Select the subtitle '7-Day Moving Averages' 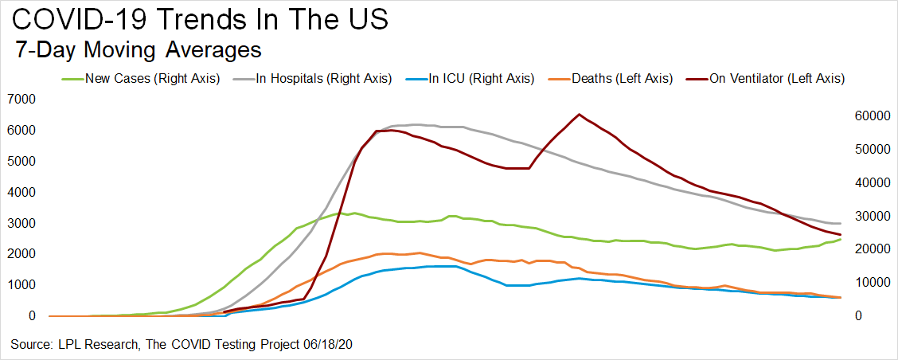point(139,50)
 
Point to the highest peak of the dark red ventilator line point(579,114)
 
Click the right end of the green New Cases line point(841,239)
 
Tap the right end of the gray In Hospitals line point(841,223)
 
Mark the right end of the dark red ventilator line point(841,234)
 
